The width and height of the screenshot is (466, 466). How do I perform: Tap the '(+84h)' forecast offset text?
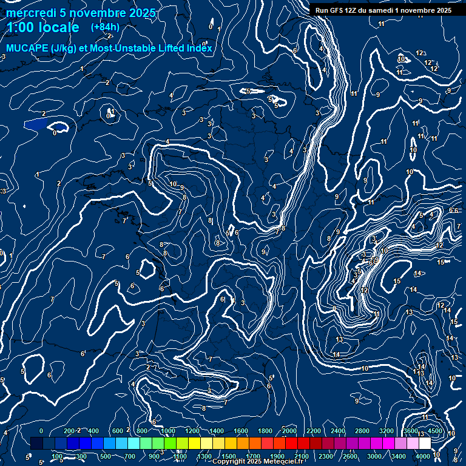point(104,27)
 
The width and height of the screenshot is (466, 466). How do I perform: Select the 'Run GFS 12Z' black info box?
point(380,10)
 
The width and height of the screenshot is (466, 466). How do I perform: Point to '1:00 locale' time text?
point(42,28)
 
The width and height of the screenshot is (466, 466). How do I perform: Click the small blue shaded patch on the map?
point(36,124)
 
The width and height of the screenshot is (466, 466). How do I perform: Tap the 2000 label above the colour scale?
point(289,431)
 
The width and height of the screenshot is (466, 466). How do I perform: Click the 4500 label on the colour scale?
point(435,431)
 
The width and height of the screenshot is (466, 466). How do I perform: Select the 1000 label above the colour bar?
point(168,431)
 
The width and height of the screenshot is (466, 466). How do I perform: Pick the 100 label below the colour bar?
point(57,456)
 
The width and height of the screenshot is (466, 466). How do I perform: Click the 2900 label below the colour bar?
point(350,456)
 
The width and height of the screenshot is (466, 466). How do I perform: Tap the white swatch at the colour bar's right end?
point(425,444)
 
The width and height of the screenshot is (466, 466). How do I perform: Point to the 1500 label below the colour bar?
point(229,456)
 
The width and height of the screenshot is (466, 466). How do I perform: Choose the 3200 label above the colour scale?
point(387,431)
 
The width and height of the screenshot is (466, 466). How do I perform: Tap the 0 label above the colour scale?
point(41,431)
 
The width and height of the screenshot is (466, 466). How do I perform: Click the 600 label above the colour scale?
point(118,431)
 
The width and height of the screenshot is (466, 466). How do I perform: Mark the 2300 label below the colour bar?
point(326,456)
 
